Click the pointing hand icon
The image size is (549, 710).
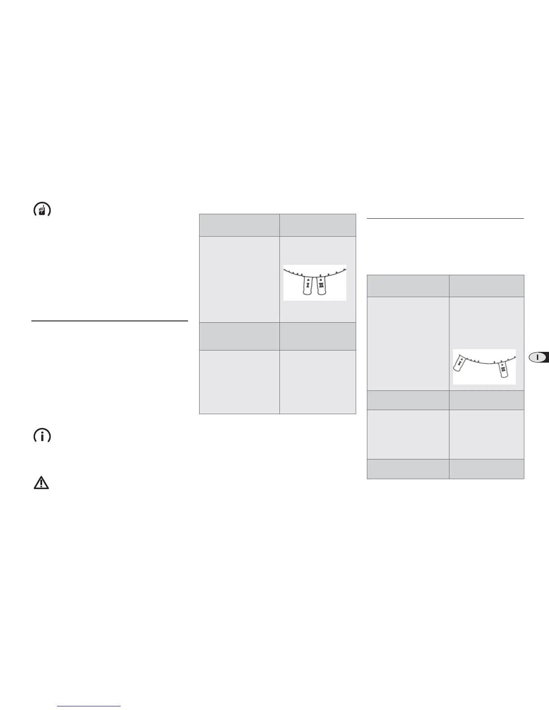[x=42, y=210]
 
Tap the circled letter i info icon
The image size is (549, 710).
[x=42, y=436]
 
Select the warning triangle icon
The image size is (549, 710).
[x=42, y=482]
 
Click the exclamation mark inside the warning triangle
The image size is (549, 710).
[x=42, y=483]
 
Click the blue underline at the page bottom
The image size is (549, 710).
[x=89, y=706]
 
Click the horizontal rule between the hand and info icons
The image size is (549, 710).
[x=109, y=321]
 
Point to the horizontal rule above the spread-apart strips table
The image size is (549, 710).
[x=445, y=219]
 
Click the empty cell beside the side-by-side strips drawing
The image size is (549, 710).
[x=239, y=279]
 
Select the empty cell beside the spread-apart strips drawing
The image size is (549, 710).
[x=408, y=343]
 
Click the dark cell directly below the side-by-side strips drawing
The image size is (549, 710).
[x=318, y=336]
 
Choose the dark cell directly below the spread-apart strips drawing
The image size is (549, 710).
[x=486, y=400]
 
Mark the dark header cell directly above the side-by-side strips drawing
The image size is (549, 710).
[x=318, y=225]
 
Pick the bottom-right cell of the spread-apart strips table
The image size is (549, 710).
[x=486, y=469]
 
